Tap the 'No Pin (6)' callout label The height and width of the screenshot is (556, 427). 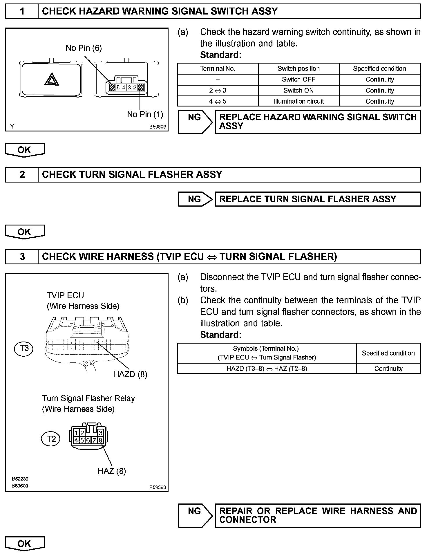pyautogui.click(x=84, y=48)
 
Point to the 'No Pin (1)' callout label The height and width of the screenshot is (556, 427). pyautogui.click(x=145, y=114)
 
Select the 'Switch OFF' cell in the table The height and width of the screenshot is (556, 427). pyautogui.click(x=298, y=80)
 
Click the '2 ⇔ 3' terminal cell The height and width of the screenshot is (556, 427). pyautogui.click(x=218, y=91)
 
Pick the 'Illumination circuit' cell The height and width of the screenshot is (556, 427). pyautogui.click(x=298, y=101)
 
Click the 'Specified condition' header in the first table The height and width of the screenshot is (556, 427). pyautogui.click(x=379, y=69)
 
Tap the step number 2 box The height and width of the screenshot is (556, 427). pyautogui.click(x=22, y=174)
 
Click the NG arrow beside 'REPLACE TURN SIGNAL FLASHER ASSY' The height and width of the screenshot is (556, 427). pyautogui.click(x=195, y=199)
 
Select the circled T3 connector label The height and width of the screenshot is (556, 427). pyautogui.click(x=23, y=348)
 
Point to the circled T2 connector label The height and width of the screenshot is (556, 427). pyautogui.click(x=51, y=438)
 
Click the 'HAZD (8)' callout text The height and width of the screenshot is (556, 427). pyautogui.click(x=130, y=374)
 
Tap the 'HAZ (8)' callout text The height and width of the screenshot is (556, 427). pyautogui.click(x=112, y=471)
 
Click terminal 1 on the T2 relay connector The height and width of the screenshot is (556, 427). pyautogui.click(x=76, y=433)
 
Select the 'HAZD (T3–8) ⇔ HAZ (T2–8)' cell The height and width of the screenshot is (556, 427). pyautogui.click(x=267, y=369)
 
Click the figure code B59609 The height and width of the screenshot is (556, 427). pyautogui.click(x=158, y=127)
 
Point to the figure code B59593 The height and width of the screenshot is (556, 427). pyautogui.click(x=158, y=487)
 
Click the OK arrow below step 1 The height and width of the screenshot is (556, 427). pyautogui.click(x=25, y=150)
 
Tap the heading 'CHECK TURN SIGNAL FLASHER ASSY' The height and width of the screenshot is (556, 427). pyautogui.click(x=132, y=174)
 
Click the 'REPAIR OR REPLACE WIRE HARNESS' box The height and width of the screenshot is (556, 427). pyautogui.click(x=318, y=515)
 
